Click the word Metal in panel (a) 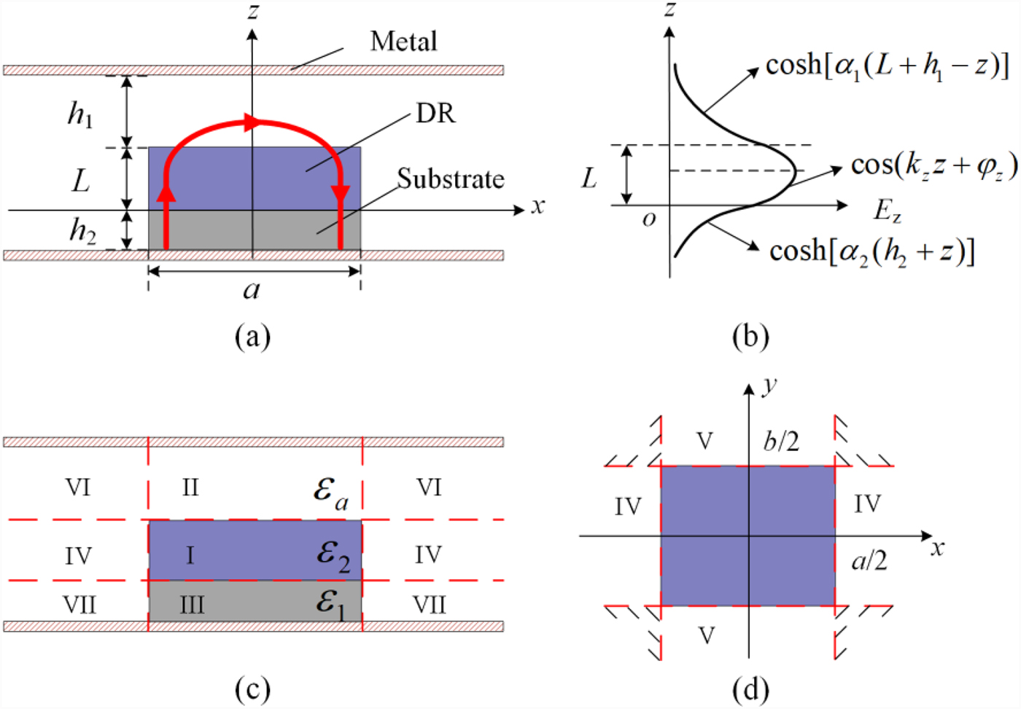(403, 42)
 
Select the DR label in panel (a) (435, 114)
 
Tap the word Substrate (450, 179)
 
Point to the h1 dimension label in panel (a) (79, 114)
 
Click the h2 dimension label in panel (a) (82, 231)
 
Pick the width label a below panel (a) (252, 291)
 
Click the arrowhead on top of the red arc (252, 122)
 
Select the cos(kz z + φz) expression (933, 166)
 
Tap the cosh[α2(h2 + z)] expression (871, 251)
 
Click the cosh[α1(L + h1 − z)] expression (887, 66)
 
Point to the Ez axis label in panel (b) (887, 211)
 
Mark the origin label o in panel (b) (648, 219)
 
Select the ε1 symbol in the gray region (330, 603)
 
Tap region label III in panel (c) (192, 606)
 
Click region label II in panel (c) (190, 487)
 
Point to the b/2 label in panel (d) (781, 441)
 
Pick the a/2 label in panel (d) (869, 560)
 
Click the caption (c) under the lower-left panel (252, 689)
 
